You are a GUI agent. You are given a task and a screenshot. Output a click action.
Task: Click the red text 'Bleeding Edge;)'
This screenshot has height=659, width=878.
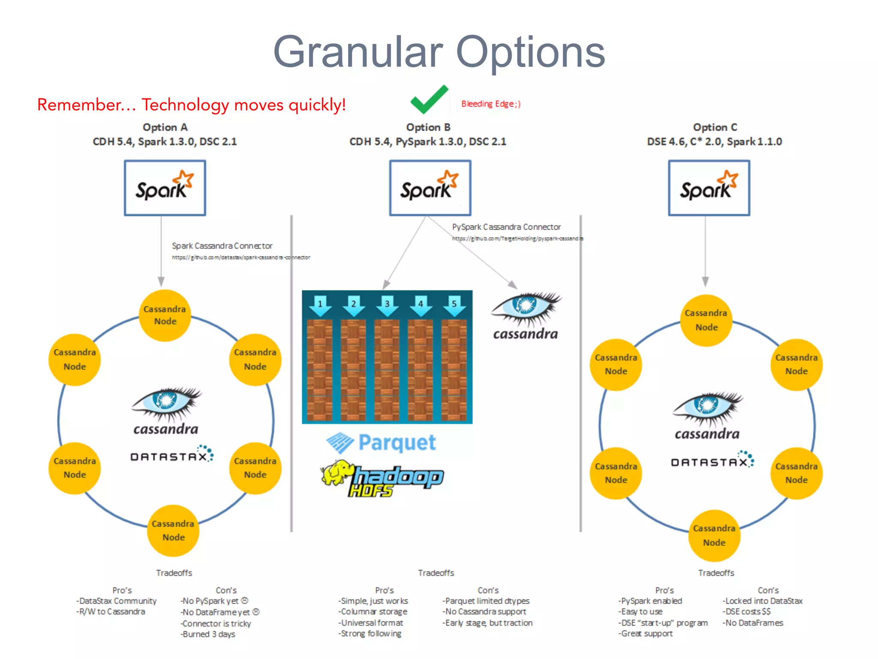coord(490,104)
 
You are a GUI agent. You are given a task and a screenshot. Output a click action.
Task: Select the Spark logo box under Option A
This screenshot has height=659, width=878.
coord(165,188)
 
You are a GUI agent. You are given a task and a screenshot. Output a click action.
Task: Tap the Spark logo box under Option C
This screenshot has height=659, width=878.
coord(709,188)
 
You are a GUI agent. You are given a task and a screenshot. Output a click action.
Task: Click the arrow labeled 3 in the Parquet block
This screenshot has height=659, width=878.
coord(387,305)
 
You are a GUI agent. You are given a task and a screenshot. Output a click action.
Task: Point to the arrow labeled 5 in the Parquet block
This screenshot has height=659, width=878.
coord(454,305)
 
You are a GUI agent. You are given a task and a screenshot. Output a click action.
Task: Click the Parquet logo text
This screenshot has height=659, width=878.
coord(397,442)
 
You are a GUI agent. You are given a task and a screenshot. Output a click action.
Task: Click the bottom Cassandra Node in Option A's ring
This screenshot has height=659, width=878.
coord(173,531)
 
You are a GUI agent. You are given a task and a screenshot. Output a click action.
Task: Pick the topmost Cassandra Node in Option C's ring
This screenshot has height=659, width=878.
coord(706,320)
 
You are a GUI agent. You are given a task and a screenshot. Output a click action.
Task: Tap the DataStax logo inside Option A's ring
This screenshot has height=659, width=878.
coord(171,455)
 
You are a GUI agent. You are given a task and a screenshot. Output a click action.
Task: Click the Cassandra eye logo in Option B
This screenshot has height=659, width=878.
coord(526,317)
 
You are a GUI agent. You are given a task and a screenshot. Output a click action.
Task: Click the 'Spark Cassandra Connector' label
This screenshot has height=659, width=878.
coord(222,246)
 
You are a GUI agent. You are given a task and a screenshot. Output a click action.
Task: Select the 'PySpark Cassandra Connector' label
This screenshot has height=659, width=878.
coord(506,227)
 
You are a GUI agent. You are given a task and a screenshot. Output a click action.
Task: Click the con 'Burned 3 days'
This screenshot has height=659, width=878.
coord(208,634)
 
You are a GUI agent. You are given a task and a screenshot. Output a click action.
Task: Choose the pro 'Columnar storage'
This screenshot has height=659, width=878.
coord(373,611)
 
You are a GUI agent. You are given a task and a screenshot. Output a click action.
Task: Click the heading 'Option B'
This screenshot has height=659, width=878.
coord(428,127)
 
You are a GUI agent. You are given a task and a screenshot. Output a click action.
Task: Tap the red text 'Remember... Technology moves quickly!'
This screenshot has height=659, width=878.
coord(191,105)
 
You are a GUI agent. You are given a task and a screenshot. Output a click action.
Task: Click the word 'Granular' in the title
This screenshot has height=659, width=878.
coord(358,52)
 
